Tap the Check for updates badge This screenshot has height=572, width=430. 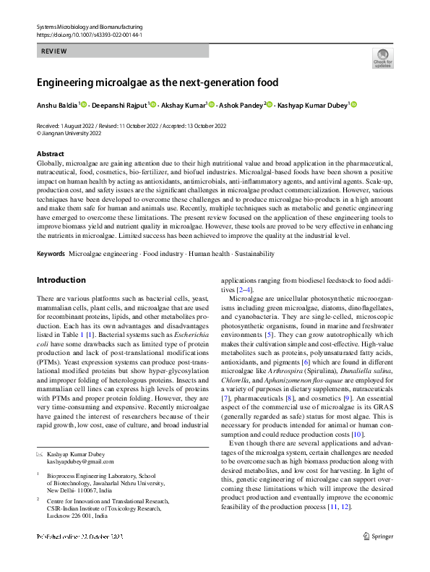[382, 57]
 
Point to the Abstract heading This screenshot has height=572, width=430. [50, 154]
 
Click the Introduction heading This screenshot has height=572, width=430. [61, 280]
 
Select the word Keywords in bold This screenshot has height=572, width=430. [50, 255]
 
